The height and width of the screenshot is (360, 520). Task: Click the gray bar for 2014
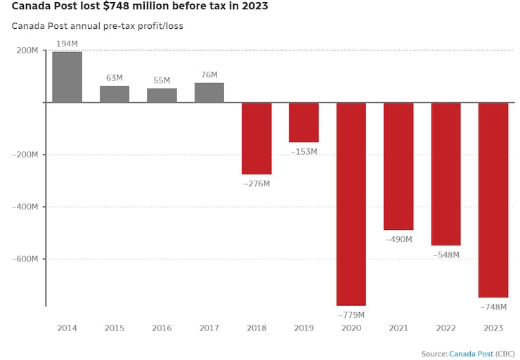click(67, 77)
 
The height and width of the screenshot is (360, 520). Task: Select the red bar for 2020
click(351, 204)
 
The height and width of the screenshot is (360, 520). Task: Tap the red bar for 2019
click(304, 122)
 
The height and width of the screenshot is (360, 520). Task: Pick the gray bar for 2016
click(162, 95)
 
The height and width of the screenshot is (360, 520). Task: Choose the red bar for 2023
click(493, 200)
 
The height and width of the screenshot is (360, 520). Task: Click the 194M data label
click(67, 44)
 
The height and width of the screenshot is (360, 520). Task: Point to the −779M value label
click(351, 314)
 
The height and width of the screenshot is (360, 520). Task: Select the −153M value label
click(304, 151)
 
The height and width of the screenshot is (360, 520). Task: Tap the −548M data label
click(446, 255)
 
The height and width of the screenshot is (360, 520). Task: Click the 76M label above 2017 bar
click(209, 75)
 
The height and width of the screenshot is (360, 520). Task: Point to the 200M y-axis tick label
click(27, 51)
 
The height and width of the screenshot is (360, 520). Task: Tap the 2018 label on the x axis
click(256, 328)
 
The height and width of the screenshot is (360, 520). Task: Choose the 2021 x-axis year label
click(398, 328)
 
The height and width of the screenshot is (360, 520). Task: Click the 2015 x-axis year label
click(115, 328)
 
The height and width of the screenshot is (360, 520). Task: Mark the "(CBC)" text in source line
click(505, 353)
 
